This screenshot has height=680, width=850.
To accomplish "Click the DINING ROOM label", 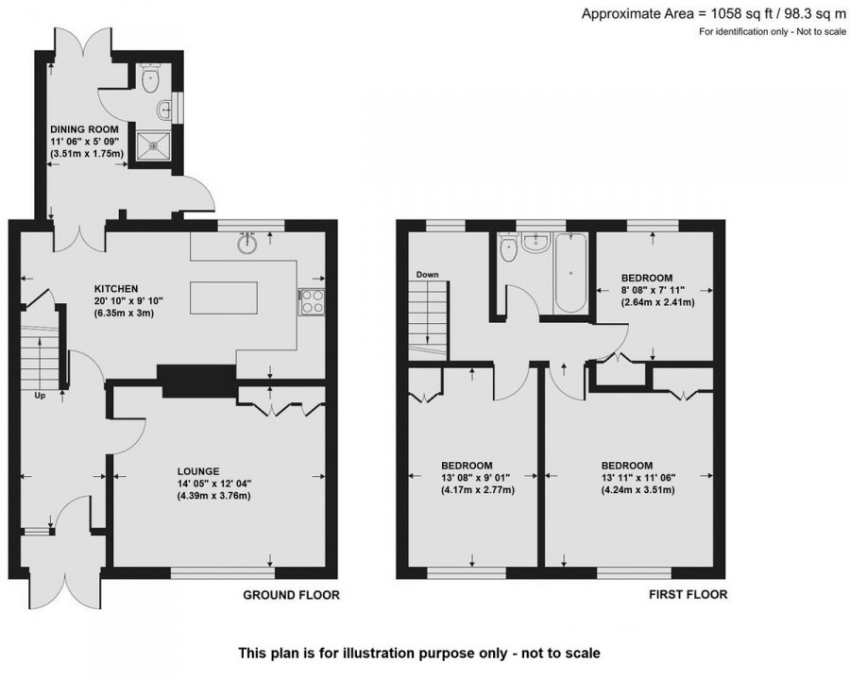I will point(82,129).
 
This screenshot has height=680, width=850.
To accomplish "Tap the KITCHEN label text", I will point(116,288).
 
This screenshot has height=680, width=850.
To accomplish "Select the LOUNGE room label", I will point(198,470).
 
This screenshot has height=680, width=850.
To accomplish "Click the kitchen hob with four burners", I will point(312,300).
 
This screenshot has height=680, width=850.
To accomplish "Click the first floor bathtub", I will point(570,274).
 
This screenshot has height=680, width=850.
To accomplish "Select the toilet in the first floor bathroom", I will point(507,251).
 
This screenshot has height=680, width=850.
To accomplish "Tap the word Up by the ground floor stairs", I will point(41,395).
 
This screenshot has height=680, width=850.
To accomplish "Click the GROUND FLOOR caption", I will point(291,595).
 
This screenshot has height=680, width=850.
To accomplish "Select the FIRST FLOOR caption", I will point(688,595).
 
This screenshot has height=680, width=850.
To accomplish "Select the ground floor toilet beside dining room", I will point(150,80).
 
